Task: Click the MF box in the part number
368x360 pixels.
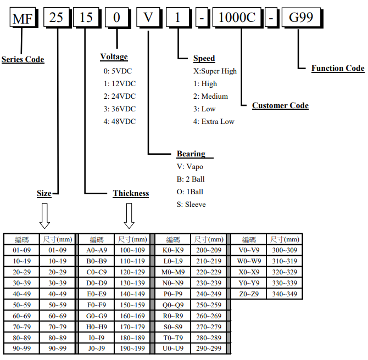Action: pos(23,18)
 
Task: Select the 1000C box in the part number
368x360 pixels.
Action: pos(237,18)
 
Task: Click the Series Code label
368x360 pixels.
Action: pos(23,59)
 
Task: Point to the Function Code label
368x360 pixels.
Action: pos(338,68)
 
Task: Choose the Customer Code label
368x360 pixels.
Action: pos(280,105)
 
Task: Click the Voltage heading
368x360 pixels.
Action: pos(114,57)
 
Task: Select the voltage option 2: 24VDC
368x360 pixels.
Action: pos(119,96)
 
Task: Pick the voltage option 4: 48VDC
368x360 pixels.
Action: pos(119,121)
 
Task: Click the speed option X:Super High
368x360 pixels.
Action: pos(215,71)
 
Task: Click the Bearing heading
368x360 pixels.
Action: pos(191,154)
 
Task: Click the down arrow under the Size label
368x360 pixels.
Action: pos(45,216)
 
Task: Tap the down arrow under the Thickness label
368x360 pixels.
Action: pos(129,216)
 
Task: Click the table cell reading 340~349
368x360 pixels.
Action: pos(285,294)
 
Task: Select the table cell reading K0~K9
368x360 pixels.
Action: pos(173,250)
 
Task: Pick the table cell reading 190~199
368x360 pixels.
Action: pos(132,349)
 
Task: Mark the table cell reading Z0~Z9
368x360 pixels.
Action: pos(249,294)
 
